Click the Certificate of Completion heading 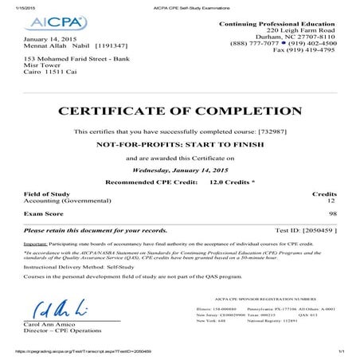coord(180,111)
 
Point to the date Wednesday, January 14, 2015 coord(180,170)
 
